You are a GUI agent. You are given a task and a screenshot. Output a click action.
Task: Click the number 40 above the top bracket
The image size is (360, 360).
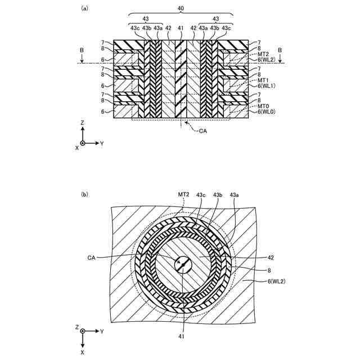[x=180, y=8]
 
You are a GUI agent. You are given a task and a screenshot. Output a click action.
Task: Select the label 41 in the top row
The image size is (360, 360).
[x=180, y=28]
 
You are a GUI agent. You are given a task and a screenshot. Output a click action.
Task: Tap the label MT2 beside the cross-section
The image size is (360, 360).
[x=262, y=54]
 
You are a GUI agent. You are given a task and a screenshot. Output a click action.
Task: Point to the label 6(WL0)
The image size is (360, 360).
[x=267, y=112]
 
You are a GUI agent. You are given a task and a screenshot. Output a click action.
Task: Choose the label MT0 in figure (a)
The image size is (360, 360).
[x=262, y=106]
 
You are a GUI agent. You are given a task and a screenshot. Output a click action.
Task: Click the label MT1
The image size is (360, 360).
[x=262, y=79]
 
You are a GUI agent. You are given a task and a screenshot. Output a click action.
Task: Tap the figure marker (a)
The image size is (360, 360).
[x=85, y=8]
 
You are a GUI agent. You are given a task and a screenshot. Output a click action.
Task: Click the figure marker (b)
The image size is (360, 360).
[x=85, y=195]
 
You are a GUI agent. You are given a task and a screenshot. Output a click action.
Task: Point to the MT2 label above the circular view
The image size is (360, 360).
[x=183, y=194]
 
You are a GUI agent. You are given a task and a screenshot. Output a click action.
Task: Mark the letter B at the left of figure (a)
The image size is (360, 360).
[x=82, y=51]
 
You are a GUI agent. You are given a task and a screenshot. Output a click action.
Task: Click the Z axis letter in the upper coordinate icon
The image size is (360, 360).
[x=83, y=122]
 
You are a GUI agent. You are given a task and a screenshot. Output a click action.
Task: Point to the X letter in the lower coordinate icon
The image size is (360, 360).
[x=83, y=352]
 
